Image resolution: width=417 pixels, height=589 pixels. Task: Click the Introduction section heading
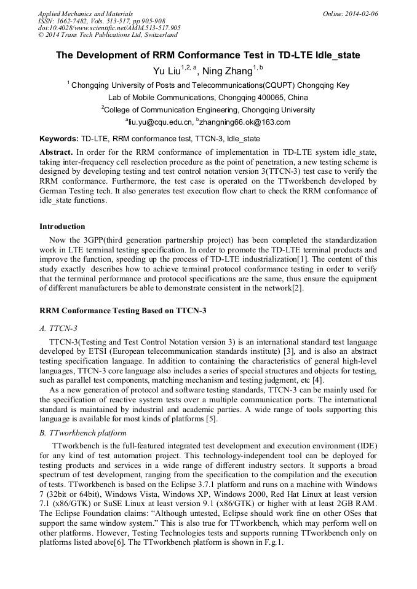(62, 227)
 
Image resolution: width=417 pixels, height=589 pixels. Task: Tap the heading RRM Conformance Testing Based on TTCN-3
(122, 311)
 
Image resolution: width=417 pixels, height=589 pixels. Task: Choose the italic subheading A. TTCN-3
(58, 329)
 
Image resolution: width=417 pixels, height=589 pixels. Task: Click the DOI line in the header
(109, 28)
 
